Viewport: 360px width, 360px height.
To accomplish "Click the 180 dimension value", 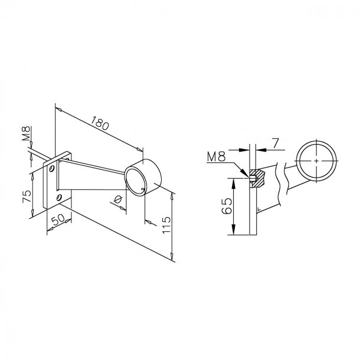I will coord(100,125).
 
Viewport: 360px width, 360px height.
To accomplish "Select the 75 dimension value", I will coord(27,197).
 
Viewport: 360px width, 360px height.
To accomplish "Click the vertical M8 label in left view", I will coord(27,133).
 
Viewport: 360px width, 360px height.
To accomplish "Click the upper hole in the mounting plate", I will coord(53,169).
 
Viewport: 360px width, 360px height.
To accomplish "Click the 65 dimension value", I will coord(227,207).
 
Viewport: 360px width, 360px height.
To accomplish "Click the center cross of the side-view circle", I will coord(318,161).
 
